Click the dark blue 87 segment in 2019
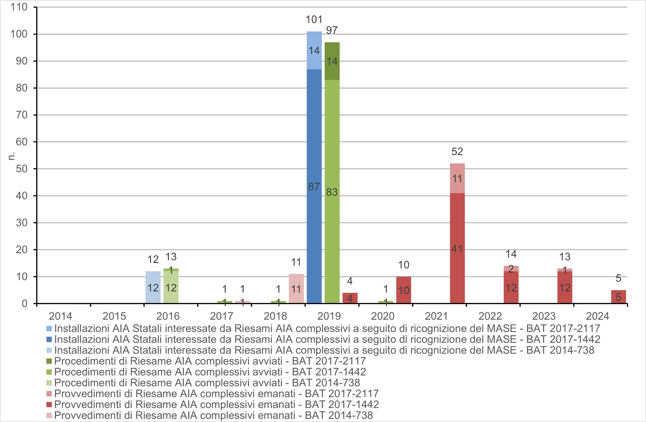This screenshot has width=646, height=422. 314,186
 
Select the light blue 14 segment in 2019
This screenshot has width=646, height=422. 314,50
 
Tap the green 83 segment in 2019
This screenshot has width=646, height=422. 332,191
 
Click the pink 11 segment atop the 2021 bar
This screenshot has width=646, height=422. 457,178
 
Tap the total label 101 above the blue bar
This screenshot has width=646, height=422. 314,20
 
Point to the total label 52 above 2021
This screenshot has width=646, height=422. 457,152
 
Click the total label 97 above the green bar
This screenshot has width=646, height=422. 332,30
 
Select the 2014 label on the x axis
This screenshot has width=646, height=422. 60,316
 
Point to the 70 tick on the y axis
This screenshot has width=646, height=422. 22,115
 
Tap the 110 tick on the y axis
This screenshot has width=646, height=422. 19,7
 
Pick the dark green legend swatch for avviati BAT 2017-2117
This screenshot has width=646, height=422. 49,361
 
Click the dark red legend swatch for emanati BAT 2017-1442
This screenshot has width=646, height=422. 49,404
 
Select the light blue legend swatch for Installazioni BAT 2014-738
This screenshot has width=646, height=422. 49,350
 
